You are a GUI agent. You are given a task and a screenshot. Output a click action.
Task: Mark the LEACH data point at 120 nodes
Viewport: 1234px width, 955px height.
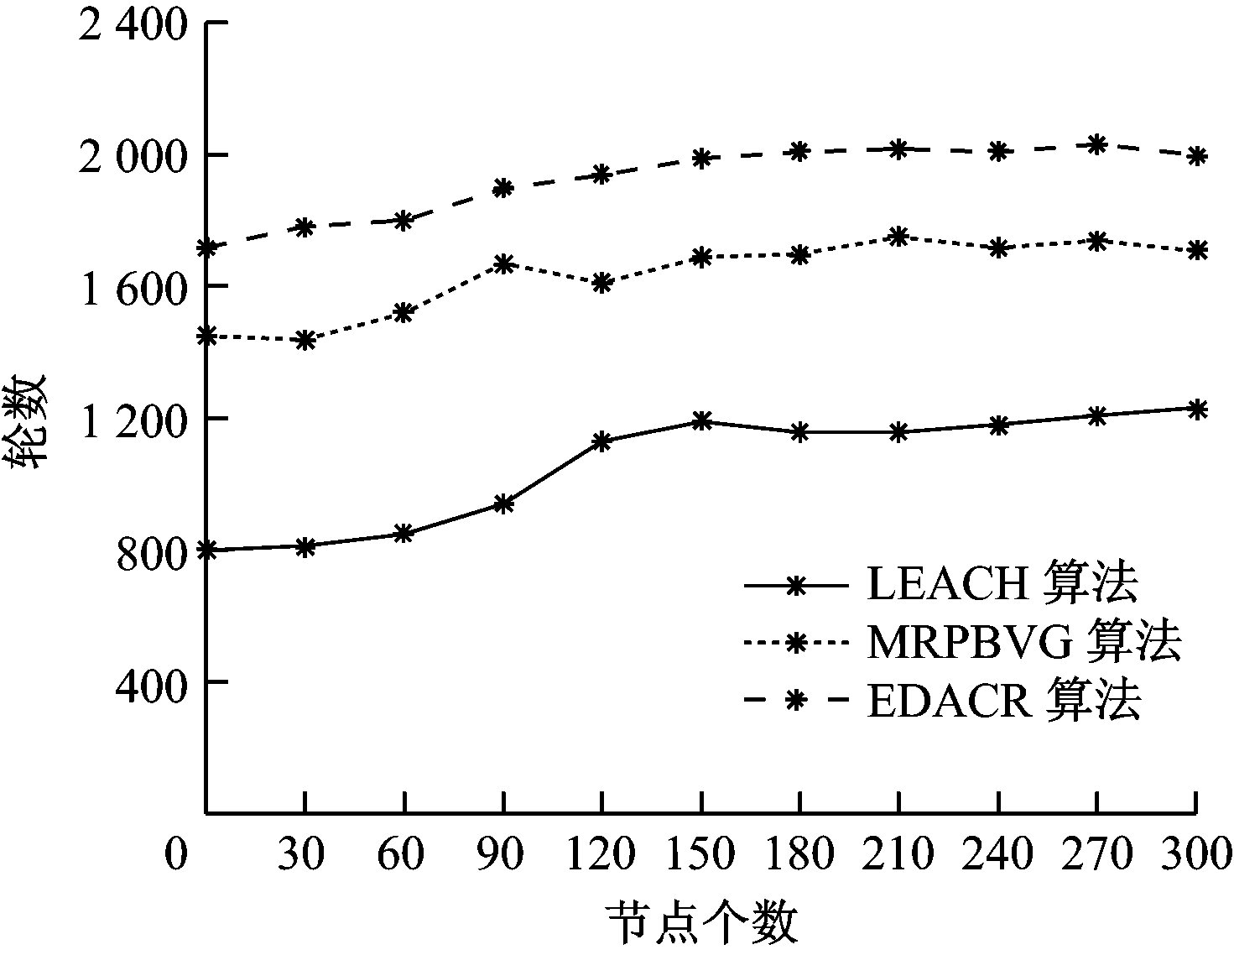coord(601,441)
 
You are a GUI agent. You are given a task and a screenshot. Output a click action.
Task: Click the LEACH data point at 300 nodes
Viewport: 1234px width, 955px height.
coord(1196,409)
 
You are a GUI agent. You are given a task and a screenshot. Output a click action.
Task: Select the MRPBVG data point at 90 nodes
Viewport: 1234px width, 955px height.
coord(503,264)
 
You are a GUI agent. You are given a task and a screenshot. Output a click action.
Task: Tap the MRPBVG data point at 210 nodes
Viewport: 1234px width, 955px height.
coord(899,237)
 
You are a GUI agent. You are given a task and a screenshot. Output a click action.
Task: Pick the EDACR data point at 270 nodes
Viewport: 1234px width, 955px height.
coord(1096,145)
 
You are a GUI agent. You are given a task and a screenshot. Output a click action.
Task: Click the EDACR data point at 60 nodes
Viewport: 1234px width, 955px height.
coord(404,220)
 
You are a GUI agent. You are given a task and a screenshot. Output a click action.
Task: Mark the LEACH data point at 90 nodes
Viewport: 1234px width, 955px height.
coord(503,504)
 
